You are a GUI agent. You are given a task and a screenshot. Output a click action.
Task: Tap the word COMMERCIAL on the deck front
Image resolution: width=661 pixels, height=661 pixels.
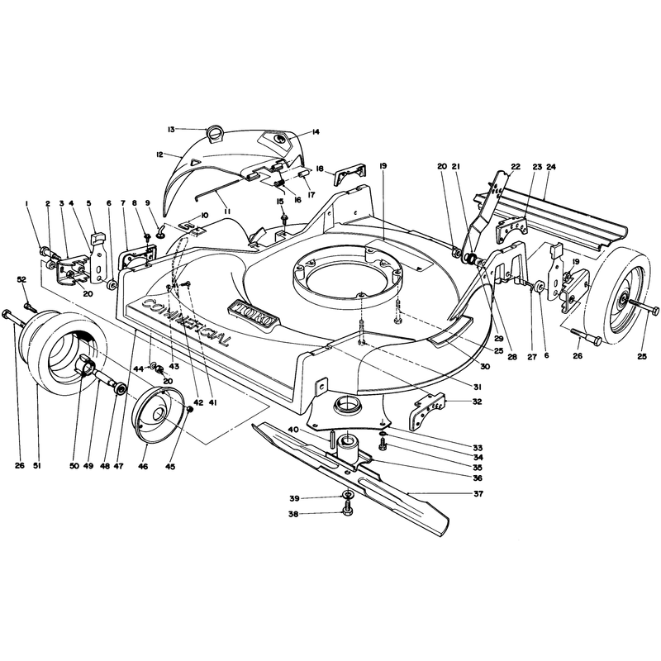coord(187,322)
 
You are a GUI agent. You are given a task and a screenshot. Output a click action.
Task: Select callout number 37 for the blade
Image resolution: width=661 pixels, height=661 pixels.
coord(478,493)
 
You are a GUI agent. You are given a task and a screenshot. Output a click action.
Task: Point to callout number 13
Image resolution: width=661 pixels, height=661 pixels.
coord(171,130)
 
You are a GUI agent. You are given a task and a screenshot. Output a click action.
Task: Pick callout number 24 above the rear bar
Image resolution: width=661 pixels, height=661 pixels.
coord(550,167)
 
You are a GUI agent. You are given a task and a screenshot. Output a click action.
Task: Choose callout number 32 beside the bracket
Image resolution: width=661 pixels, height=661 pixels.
coord(477,402)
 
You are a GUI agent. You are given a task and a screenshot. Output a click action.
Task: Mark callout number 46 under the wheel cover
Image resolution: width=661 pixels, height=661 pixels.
coord(143,466)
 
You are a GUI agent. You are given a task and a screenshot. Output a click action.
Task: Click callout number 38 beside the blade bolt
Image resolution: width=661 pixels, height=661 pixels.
coord(293,514)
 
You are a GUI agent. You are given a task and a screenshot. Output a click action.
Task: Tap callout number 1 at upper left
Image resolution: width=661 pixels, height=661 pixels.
coord(27,203)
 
